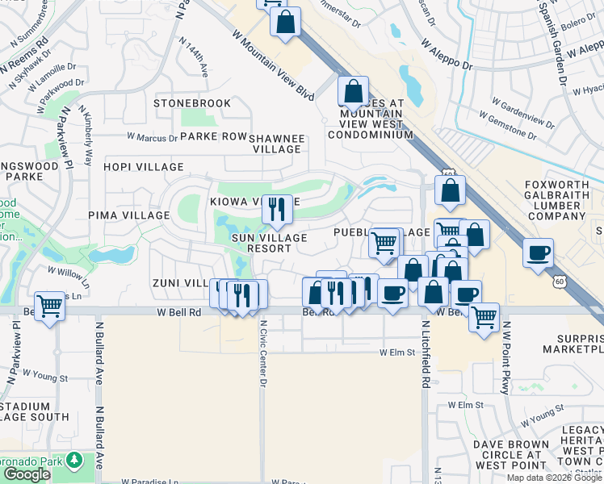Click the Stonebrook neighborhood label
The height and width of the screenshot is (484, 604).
coord(192,103)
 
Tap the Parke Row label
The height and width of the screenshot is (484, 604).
coord(213,136)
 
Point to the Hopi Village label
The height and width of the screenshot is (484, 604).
coord(143,167)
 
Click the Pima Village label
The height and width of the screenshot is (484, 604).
coord(129,215)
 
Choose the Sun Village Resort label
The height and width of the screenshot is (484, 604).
coord(270,243)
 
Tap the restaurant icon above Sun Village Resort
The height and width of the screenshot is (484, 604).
coord(277,210)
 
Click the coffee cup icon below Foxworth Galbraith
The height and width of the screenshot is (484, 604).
coord(538,253)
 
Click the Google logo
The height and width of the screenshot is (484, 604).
coord(27,474)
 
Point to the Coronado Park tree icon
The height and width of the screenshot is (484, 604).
coord(74,460)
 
